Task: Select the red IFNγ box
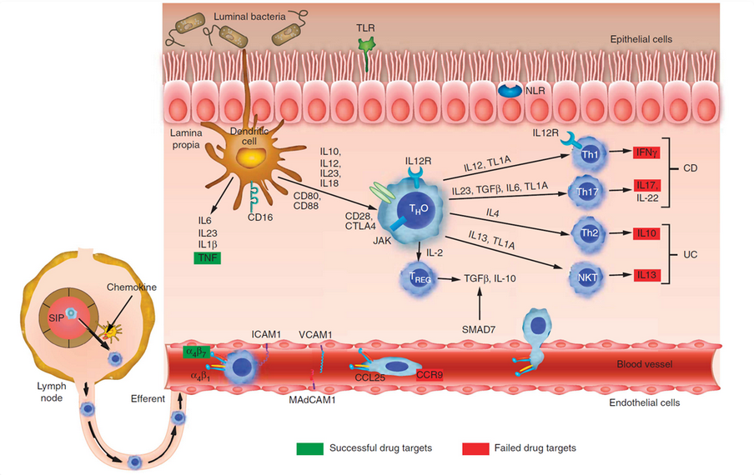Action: [644, 153]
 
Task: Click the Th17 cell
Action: [588, 191]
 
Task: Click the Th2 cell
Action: [588, 232]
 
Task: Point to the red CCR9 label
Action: [430, 375]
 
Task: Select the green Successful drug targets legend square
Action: [310, 448]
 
